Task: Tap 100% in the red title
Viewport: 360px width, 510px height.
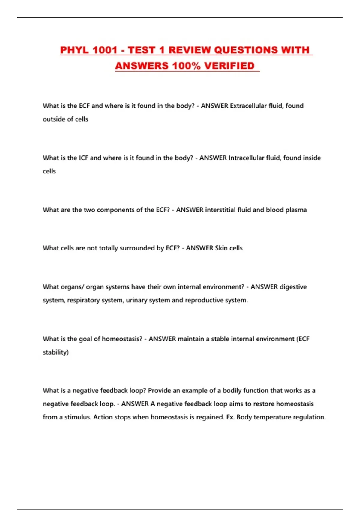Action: click(186, 66)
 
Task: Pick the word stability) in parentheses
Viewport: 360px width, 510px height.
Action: click(56, 352)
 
